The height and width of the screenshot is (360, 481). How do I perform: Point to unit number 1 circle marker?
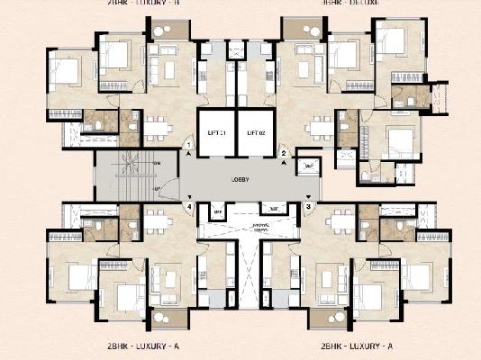[188, 145]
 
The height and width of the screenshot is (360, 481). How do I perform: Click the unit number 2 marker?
[284, 154]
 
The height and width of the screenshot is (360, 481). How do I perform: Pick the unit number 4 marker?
[190, 206]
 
